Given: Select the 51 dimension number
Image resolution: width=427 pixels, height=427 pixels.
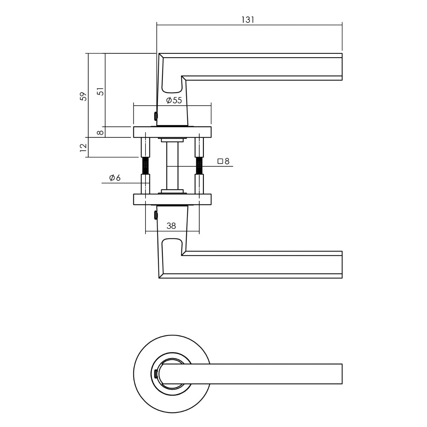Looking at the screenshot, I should pos(101,91).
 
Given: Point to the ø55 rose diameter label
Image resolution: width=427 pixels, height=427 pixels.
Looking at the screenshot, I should pos(174,100).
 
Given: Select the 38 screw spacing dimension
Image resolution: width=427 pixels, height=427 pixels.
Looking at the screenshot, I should pos(171,226).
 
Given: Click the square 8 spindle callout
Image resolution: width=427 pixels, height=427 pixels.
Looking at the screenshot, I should pos(223,162).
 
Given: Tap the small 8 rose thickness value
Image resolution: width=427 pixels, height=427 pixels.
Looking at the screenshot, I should pos(101,132).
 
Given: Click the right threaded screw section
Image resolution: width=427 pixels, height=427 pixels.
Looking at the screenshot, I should pos(199,165).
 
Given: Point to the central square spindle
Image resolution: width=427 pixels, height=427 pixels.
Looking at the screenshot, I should pos(172,166).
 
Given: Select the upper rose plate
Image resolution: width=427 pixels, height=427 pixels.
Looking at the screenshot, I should pos(172,132).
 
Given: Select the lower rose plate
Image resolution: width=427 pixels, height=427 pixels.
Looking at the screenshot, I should pos(172,200).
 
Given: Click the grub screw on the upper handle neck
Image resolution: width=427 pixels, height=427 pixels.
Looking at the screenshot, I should pos(155,116).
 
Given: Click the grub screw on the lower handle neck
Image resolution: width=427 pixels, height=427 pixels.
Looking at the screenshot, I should pos(155,215).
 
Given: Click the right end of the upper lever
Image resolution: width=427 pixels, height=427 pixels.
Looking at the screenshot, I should pos(340,66).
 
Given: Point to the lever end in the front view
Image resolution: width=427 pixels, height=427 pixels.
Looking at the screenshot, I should pos(340,374).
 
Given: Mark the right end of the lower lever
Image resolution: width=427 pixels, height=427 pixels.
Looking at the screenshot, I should pos(340,264).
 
